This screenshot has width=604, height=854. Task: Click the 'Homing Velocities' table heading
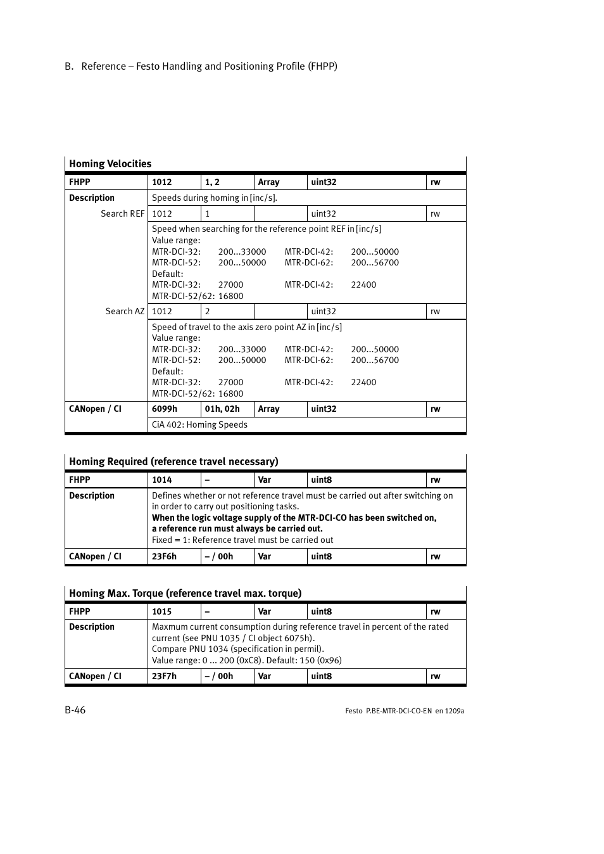click(110, 164)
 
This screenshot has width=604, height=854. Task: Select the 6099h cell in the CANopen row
click(165, 409)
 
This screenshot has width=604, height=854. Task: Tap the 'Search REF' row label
click(122, 214)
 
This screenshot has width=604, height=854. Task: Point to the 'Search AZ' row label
click(125, 312)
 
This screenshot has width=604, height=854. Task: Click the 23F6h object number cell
click(164, 557)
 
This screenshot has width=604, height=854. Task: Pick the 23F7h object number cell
click(164, 677)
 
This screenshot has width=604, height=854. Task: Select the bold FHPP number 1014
click(161, 480)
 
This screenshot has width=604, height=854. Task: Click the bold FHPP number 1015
click(161, 612)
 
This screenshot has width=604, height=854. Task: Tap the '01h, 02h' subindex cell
click(222, 409)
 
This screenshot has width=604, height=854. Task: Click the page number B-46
click(75, 710)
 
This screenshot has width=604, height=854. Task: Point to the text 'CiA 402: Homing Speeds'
click(199, 425)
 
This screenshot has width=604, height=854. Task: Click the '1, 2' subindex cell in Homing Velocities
click(212, 182)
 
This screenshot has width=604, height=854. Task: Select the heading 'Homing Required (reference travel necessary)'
click(173, 462)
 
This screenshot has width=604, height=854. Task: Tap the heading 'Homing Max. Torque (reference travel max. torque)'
click(185, 594)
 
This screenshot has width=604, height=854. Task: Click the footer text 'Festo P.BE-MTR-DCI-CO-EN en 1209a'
click(405, 711)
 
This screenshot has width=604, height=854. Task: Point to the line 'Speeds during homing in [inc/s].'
click(214, 198)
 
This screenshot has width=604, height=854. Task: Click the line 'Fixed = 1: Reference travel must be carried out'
click(242, 540)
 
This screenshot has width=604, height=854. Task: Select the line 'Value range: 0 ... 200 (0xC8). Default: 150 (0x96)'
click(246, 661)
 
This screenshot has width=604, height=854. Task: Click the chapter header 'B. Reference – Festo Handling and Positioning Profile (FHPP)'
click(201, 67)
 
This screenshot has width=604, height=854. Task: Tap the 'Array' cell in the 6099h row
click(268, 409)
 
